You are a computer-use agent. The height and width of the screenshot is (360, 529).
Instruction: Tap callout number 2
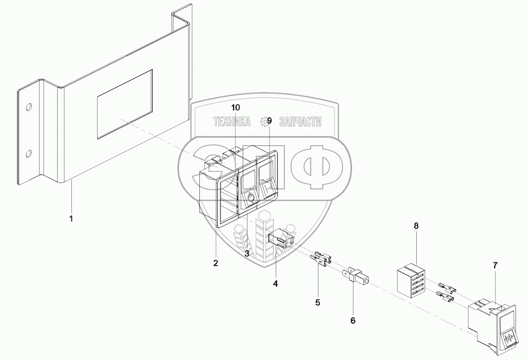(x=216, y=263)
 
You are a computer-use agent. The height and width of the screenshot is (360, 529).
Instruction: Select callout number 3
(x=247, y=253)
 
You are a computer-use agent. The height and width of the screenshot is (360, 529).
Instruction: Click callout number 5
(x=317, y=302)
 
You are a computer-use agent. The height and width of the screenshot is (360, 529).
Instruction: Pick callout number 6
(x=353, y=320)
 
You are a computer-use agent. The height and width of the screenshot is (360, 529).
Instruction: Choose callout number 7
(x=495, y=265)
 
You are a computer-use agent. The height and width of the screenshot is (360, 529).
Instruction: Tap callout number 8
(x=416, y=226)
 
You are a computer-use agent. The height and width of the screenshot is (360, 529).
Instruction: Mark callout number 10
(x=236, y=107)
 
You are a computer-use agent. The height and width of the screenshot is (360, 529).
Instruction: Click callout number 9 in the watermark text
(x=269, y=121)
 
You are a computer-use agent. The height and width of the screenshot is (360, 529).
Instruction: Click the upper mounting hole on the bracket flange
(x=29, y=107)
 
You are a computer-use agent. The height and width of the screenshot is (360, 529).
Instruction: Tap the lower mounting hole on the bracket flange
(x=28, y=154)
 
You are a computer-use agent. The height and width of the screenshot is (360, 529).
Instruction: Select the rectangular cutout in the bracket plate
(x=125, y=103)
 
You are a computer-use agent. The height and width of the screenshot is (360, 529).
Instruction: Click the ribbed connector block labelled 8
(x=410, y=281)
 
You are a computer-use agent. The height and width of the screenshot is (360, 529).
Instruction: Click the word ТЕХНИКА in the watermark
(x=232, y=122)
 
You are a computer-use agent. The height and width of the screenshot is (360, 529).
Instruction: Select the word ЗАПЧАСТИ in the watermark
(x=300, y=122)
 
